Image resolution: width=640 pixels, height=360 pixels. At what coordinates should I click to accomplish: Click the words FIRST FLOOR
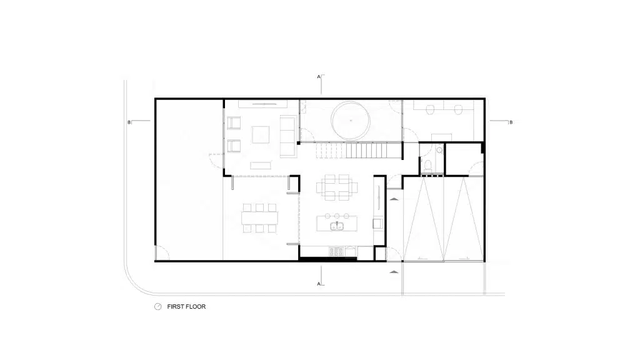pyautogui.click(x=186, y=306)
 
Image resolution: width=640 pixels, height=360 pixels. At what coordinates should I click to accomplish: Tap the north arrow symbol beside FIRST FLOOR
pyautogui.click(x=157, y=306)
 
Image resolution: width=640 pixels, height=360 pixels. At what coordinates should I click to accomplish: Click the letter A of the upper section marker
pyautogui.click(x=319, y=77)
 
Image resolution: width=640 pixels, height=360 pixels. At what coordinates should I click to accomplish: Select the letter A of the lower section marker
pyautogui.click(x=319, y=284)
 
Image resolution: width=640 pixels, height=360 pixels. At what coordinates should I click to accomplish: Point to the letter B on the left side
pyautogui.click(x=129, y=122)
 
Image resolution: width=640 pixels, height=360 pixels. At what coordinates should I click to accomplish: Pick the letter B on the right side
pyautogui.click(x=511, y=122)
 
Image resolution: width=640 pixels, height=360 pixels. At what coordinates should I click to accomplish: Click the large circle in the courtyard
pyautogui.click(x=351, y=121)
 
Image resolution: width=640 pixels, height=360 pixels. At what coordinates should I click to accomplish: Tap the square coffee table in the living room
pyautogui.click(x=261, y=135)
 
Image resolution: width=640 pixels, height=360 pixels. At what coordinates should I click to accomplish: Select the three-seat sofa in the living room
pyautogui.click(x=288, y=136)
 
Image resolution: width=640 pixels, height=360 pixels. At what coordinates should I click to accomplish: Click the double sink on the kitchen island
pyautogui.click(x=337, y=226)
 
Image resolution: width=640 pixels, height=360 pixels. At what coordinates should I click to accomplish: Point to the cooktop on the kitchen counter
pyautogui.click(x=337, y=252)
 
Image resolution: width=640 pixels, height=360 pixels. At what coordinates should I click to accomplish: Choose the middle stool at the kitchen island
pyautogui.click(x=337, y=216)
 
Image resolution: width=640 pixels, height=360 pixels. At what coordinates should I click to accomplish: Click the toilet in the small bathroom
pyautogui.click(x=427, y=165)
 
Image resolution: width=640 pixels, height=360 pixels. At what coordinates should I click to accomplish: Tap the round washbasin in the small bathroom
pyautogui.click(x=439, y=150)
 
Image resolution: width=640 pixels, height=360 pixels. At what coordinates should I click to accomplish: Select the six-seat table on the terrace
pyautogui.click(x=259, y=218)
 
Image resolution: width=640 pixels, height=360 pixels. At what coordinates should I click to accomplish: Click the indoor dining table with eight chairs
pyautogui.click(x=337, y=187)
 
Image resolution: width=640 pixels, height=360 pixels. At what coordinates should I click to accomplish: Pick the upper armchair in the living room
pyautogui.click(x=234, y=123)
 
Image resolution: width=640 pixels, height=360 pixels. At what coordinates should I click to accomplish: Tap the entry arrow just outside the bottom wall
pyautogui.click(x=394, y=271)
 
